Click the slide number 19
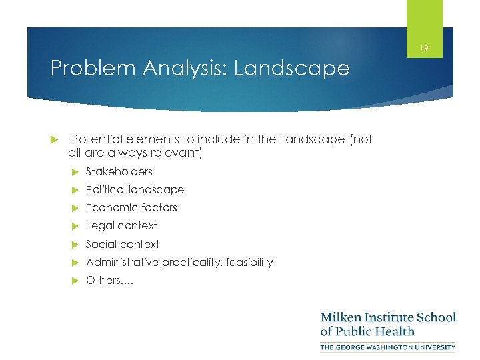point(424,48)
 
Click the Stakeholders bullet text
point(119,171)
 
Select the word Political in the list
point(106,189)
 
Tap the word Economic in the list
point(109,207)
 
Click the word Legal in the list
point(99,225)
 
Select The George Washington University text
point(388,347)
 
